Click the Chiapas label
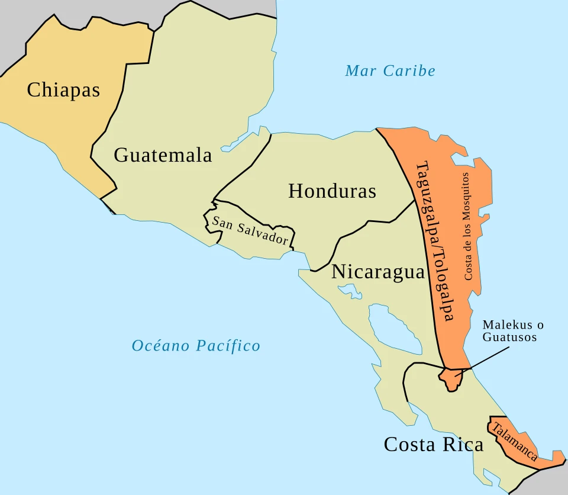click(x=63, y=90)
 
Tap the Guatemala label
click(x=163, y=155)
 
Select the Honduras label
click(x=332, y=191)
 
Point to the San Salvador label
click(x=250, y=231)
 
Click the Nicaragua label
click(x=378, y=272)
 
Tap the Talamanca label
click(x=515, y=441)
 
